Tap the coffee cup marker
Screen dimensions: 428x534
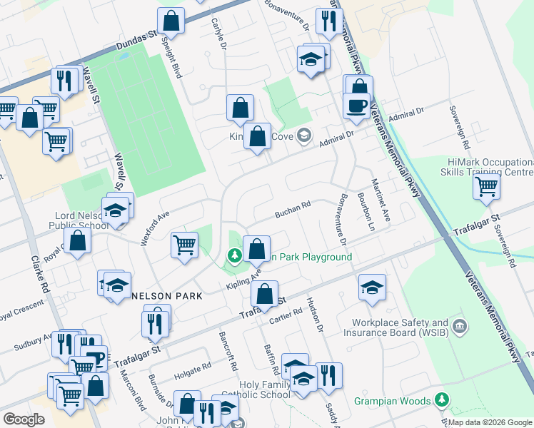[x=356, y=106]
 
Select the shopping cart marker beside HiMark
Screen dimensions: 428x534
[x=486, y=187]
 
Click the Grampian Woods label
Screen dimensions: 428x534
[x=393, y=401]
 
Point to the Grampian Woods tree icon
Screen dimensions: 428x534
[x=443, y=400]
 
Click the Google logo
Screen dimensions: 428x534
[x=24, y=419]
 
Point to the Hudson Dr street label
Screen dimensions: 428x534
[x=315, y=314]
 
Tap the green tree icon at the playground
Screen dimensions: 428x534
[x=233, y=255]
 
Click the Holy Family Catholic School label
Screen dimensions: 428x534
[x=265, y=389]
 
